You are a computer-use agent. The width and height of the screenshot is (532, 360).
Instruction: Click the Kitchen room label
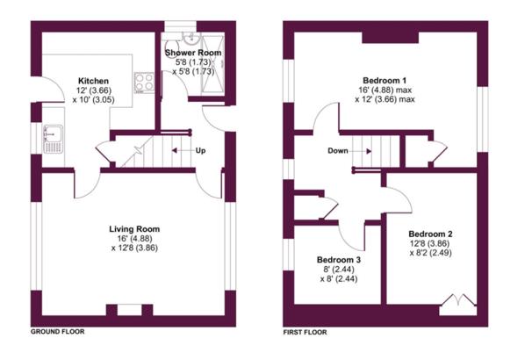93,81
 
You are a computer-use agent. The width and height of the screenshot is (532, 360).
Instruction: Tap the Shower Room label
193,53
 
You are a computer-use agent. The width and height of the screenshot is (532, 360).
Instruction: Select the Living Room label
134,229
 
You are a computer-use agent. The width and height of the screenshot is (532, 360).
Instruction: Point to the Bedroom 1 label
385,81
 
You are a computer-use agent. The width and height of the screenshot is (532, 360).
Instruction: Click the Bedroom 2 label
430,234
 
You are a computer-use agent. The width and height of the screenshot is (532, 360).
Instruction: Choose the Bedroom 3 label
339,260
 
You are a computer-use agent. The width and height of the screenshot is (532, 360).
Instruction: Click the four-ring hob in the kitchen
144,83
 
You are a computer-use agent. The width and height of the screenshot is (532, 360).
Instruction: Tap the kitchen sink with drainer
53,139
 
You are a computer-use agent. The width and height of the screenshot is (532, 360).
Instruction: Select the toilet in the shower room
173,45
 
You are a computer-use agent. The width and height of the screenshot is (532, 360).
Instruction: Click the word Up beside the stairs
200,150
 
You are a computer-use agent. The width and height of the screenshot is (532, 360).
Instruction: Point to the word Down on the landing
338,151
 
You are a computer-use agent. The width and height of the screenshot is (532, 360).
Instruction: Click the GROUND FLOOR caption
58,332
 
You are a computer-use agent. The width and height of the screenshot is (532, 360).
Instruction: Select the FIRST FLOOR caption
305,332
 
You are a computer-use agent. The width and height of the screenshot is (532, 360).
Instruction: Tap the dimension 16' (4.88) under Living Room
134,239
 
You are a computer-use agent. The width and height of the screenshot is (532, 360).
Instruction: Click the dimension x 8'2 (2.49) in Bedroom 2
430,253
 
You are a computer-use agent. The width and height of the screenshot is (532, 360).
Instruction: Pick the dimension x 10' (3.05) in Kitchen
93,100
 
